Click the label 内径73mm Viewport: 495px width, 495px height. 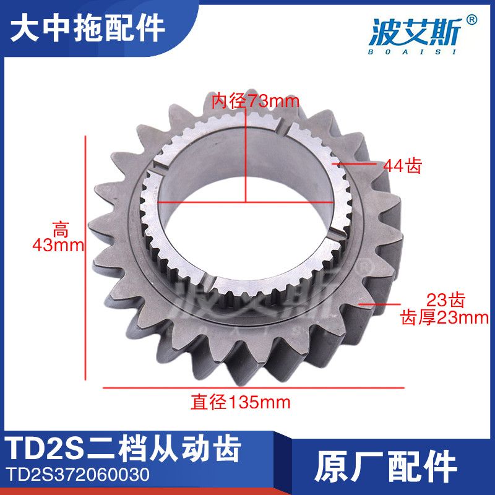247,101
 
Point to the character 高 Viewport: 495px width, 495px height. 59,230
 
